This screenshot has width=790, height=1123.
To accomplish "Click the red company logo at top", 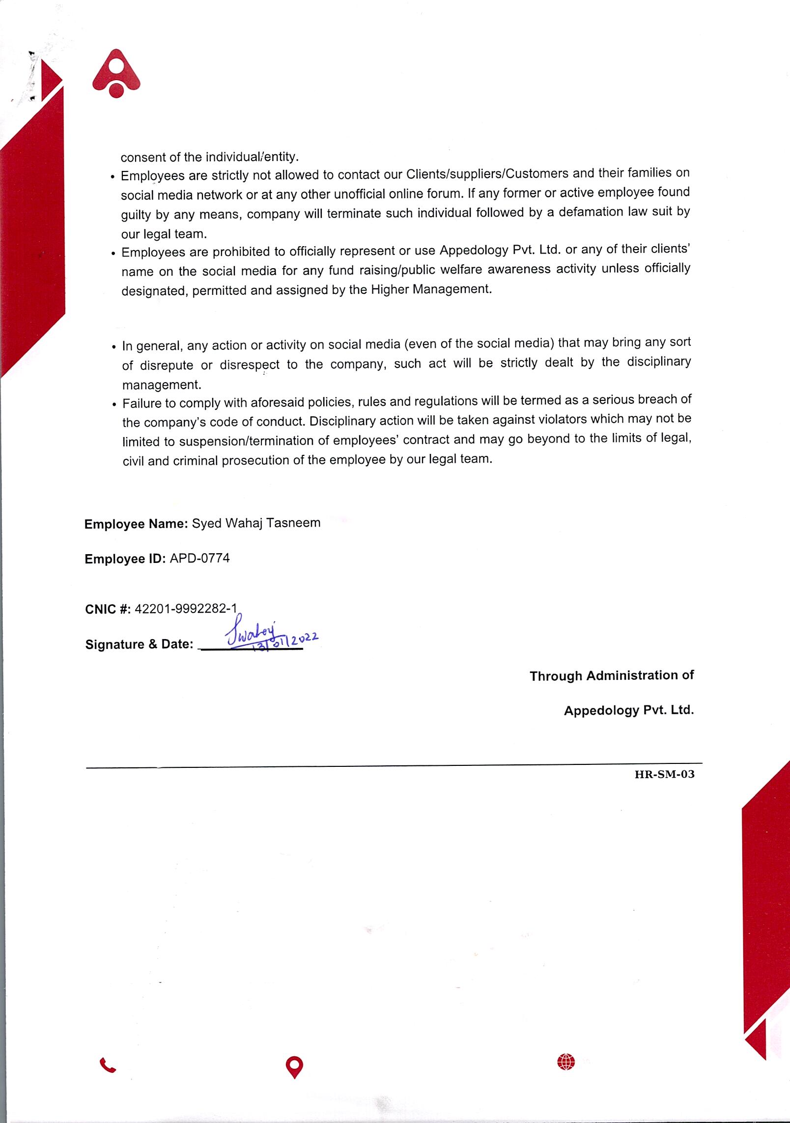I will (116, 74).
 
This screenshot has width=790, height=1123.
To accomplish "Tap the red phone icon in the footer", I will (108, 1065).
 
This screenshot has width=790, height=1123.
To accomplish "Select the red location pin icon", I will (294, 1067).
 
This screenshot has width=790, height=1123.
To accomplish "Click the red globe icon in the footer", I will (566, 1062).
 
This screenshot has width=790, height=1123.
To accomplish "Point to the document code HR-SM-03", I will (664, 775).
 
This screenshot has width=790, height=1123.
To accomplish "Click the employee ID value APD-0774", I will (199, 559).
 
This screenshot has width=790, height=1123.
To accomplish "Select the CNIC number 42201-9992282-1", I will (186, 609).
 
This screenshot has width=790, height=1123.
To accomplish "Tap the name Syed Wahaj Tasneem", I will (256, 523).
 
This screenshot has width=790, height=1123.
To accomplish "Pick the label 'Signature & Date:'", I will (139, 644).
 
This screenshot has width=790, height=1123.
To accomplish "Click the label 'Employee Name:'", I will (136, 524).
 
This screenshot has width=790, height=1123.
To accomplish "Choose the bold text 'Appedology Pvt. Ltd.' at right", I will (628, 710).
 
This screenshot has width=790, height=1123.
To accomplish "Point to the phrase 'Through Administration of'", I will (611, 676).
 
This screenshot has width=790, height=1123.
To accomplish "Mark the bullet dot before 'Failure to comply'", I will (114, 405).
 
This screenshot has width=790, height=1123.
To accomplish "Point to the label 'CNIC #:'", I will (108, 609).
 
